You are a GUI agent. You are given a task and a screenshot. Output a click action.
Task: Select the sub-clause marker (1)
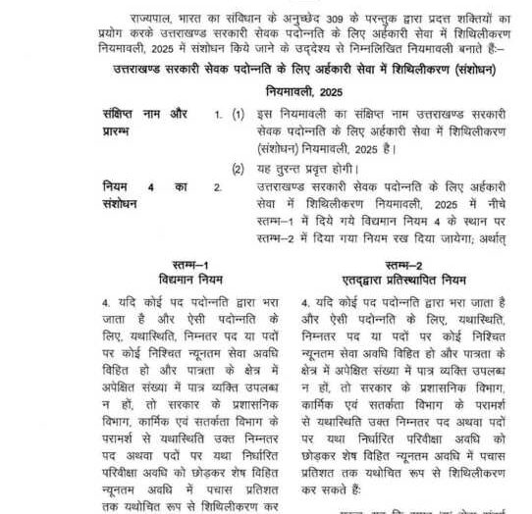[239, 115]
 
